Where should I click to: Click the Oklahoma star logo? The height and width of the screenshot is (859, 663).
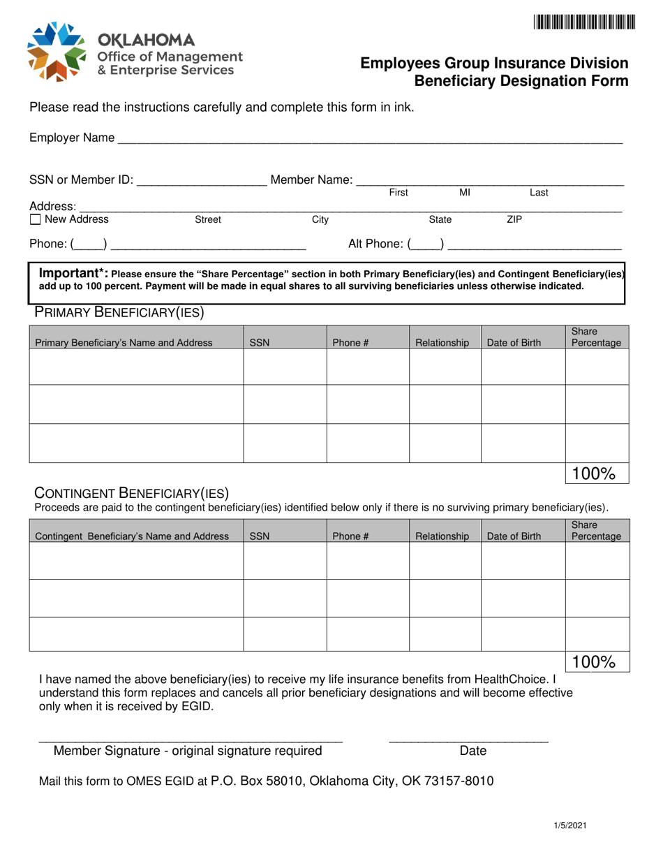[x=56, y=51]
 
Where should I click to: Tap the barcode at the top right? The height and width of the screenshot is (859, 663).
[x=585, y=22]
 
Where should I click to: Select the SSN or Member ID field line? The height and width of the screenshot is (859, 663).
[x=202, y=182]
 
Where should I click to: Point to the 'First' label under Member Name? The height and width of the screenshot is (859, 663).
[x=398, y=192]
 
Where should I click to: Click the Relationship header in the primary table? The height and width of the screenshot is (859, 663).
[x=442, y=343]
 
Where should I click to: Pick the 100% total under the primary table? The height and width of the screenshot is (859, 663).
[x=593, y=474]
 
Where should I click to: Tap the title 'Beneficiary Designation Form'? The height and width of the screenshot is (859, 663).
[x=521, y=80]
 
